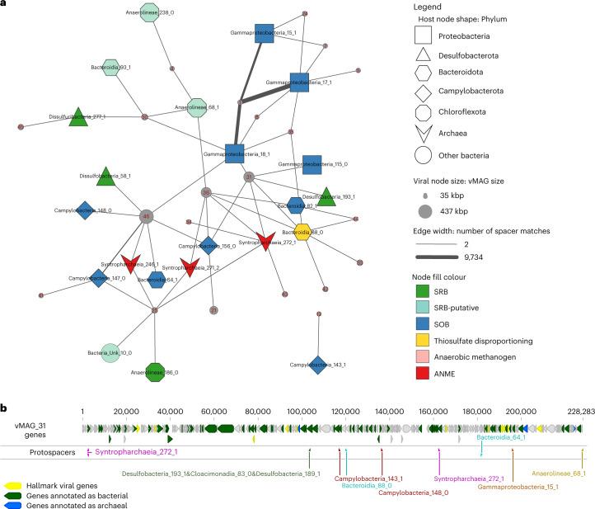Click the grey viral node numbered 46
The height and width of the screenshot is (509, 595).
point(146,216)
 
